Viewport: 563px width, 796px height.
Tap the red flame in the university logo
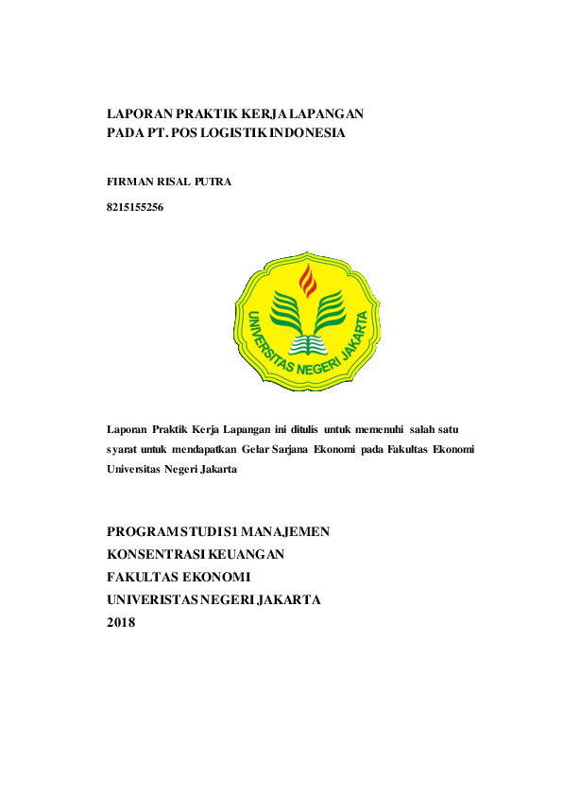tap(306, 281)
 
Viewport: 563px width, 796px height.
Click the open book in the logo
tap(306, 341)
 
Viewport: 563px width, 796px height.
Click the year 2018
tap(122, 622)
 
